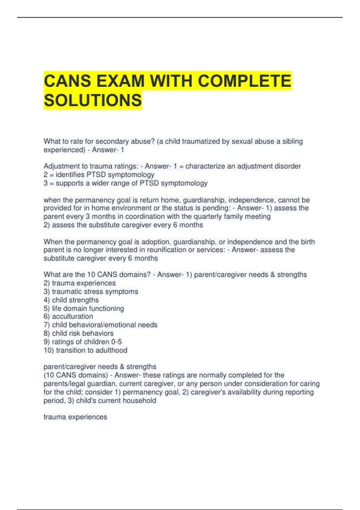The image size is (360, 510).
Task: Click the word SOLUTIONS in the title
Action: (93, 100)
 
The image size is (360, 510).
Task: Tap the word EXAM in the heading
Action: (119, 81)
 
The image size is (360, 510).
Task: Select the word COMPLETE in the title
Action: (244, 81)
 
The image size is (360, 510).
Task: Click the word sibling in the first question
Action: (292, 141)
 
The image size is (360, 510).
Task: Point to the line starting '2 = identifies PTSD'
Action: (99, 175)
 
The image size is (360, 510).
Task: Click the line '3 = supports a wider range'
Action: (125, 183)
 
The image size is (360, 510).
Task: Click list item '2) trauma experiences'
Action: (79, 283)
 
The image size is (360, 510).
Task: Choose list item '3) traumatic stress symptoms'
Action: (91, 291)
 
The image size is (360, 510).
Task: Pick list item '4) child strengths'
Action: (71, 300)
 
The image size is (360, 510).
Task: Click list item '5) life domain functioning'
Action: (83, 308)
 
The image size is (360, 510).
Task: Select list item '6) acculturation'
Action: (68, 316)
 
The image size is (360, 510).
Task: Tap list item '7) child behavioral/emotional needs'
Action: (100, 325)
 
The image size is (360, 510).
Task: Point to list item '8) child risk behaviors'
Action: (78, 333)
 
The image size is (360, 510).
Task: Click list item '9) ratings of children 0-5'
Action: (82, 342)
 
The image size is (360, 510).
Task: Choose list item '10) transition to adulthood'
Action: (85, 350)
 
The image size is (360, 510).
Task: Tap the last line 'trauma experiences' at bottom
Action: (75, 417)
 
